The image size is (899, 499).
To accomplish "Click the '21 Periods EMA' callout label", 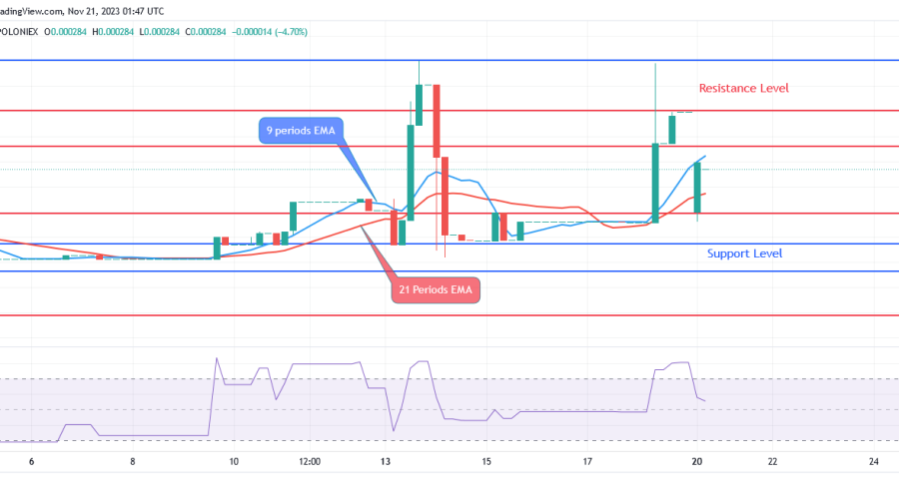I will (x=435, y=289).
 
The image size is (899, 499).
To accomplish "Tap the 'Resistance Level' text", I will (x=743, y=88).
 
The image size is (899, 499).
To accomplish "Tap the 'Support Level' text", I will (x=744, y=253).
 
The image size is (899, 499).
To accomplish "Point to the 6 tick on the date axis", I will (x=32, y=461).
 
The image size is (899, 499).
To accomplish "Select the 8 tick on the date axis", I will (x=133, y=461).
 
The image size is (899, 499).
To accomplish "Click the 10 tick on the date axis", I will (x=234, y=461).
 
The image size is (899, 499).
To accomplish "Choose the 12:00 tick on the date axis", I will (x=310, y=461).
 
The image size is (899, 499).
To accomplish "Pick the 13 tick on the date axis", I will (x=386, y=461).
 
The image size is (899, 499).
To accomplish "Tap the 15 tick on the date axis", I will (x=486, y=461).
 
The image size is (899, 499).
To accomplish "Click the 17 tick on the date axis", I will (x=587, y=461).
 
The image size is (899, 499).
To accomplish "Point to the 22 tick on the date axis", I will (x=772, y=461).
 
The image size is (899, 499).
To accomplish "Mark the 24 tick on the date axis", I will (x=873, y=461).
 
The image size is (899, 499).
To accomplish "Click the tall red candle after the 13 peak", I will (x=437, y=120).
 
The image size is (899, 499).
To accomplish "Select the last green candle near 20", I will (x=698, y=187).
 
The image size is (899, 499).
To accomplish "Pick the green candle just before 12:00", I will (x=294, y=215).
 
